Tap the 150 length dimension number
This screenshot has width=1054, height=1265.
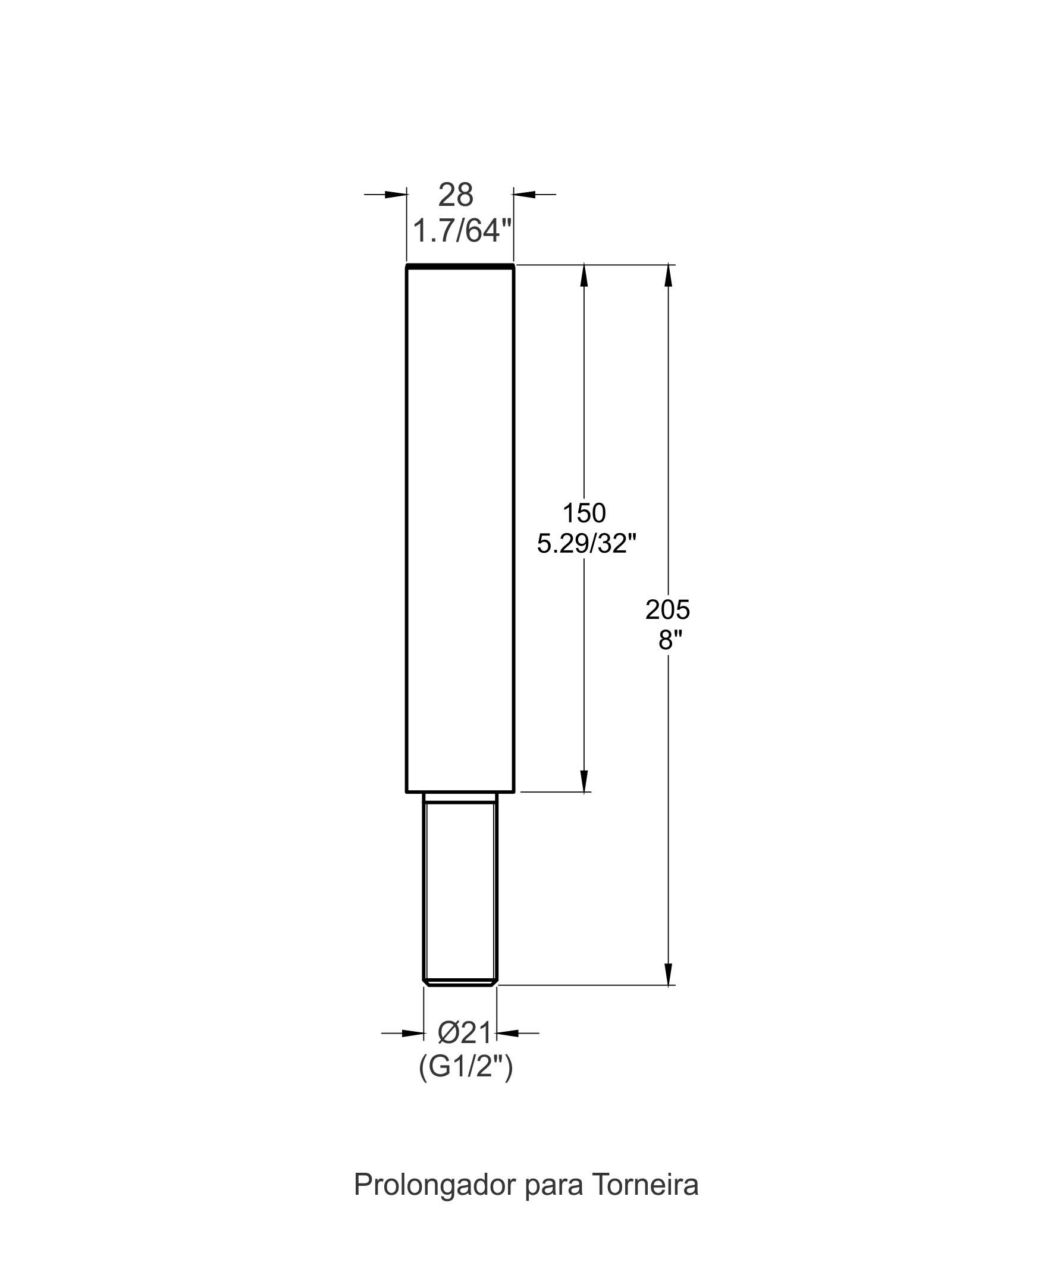[x=584, y=513]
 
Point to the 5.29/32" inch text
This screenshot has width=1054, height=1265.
[x=586, y=544]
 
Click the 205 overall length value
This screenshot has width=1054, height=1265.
[x=667, y=610]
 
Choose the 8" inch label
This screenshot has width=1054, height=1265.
[x=667, y=640]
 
